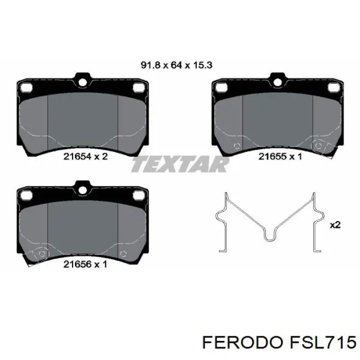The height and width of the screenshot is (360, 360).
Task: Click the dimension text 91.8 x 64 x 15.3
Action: click(x=177, y=65)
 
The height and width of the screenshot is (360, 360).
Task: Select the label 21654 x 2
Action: click(x=85, y=157)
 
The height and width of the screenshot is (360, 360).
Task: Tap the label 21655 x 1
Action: click(x=280, y=157)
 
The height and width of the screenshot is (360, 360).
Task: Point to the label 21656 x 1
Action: click(x=85, y=264)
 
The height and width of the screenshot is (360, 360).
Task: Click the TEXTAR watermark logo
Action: click(x=180, y=165)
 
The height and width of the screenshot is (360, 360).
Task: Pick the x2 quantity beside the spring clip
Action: click(x=335, y=225)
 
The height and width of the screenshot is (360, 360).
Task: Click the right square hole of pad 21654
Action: click(x=137, y=88)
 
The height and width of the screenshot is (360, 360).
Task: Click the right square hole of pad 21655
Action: click(x=333, y=88)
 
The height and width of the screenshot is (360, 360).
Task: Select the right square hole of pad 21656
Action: click(x=137, y=195)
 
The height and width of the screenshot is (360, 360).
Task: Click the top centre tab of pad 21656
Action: click(x=82, y=186)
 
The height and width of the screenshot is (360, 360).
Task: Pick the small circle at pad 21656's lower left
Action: click(x=42, y=254)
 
